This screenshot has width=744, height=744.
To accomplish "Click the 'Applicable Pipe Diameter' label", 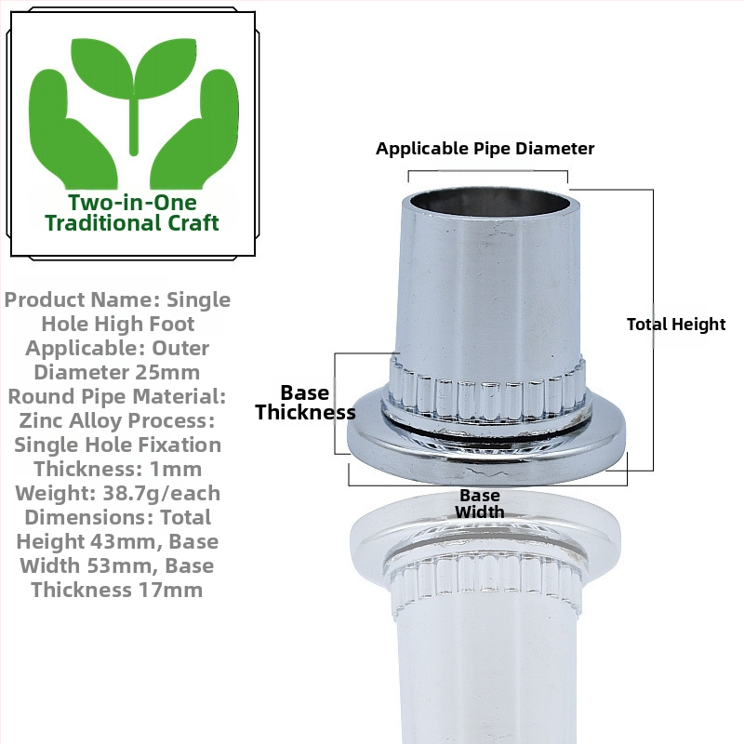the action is coord(485,149).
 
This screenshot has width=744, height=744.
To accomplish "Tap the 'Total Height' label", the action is coord(676,325).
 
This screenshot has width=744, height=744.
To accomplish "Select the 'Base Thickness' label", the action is coord(305,403).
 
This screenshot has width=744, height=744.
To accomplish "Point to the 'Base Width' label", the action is coord(480,503).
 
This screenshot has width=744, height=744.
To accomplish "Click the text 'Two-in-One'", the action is coord(132,203).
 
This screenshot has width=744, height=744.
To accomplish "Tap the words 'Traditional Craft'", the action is coord(132,223).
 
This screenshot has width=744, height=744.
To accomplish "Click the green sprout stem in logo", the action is coord(134,126).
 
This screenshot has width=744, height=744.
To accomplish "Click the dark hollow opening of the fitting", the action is coord(491,203).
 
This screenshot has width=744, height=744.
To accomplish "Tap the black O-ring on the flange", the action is coord(486,430).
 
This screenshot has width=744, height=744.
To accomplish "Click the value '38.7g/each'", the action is coord(161,494).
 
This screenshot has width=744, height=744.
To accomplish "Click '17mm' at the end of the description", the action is coord(171,590).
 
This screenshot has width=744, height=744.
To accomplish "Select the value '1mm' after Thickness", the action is coord(176,470).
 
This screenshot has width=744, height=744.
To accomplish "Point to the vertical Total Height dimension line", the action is coord(653,330).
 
